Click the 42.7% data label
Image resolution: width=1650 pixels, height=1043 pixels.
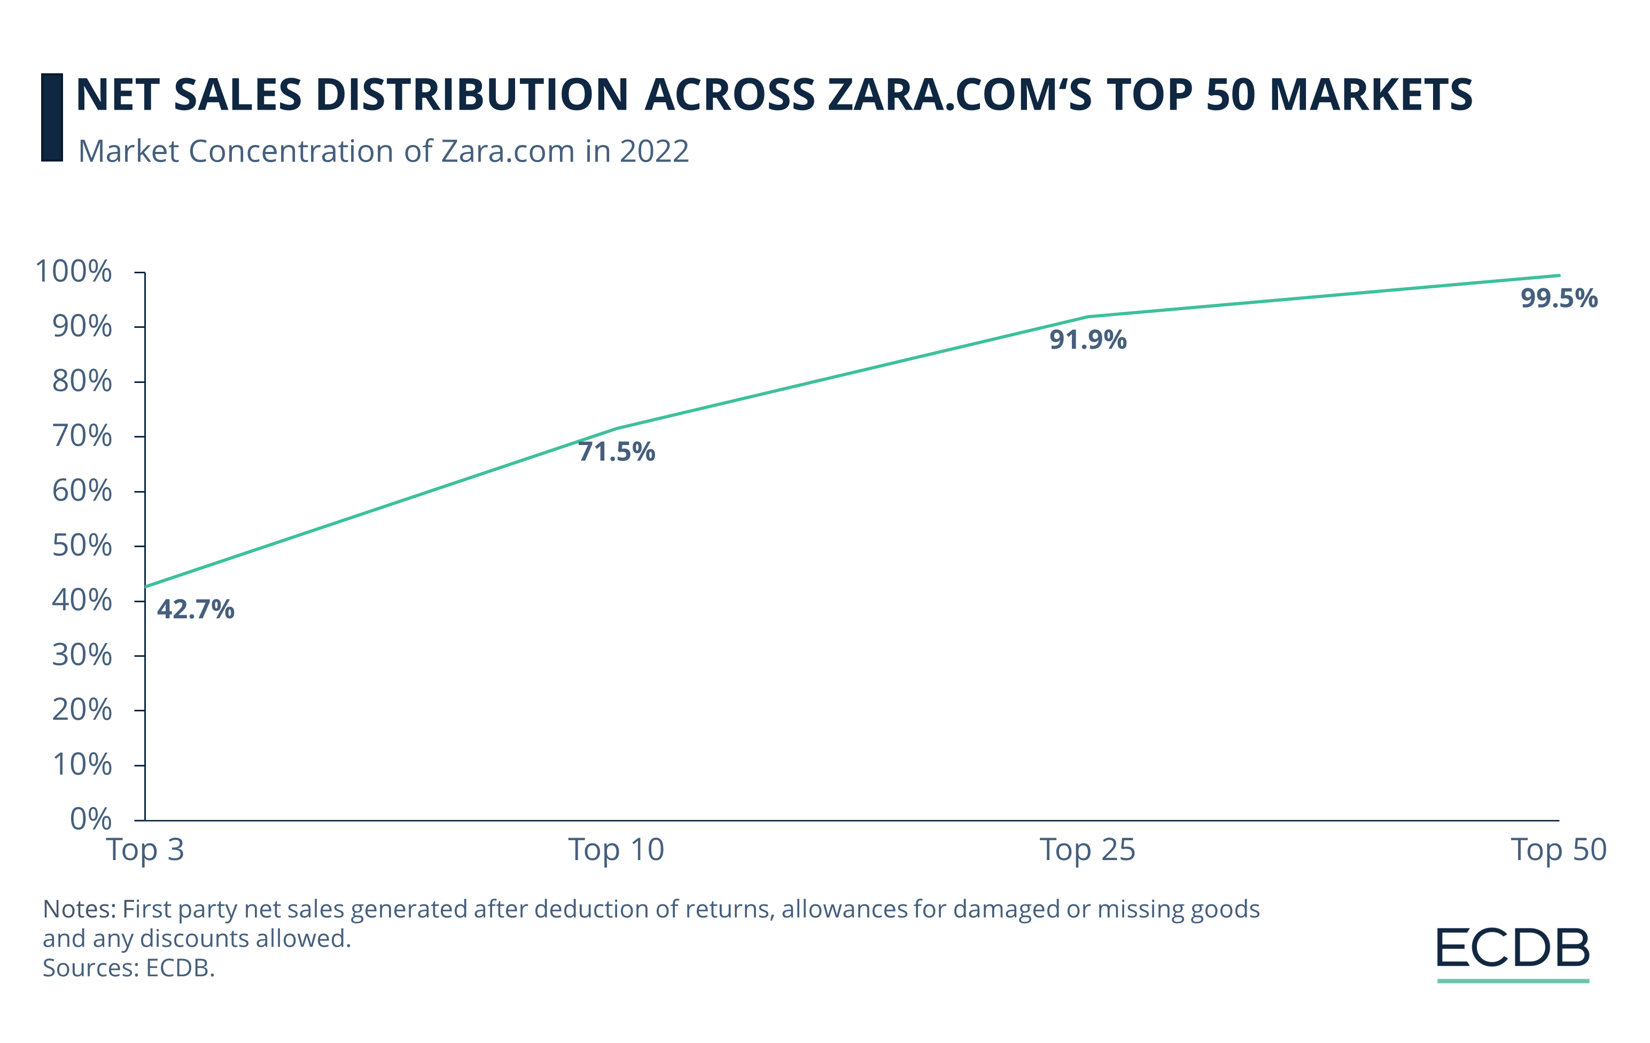point(195,609)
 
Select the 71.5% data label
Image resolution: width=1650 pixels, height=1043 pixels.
point(616,452)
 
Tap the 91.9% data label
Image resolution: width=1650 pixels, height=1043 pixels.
point(1087,340)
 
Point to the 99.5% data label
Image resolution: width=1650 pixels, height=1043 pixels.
point(1559,298)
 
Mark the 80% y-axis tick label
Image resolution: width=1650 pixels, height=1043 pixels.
point(82,381)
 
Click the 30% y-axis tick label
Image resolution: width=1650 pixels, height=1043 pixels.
point(82,655)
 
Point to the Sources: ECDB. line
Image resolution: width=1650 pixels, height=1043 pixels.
point(129,968)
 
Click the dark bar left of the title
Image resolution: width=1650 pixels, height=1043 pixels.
point(52,117)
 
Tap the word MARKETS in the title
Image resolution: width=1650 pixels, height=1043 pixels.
point(1371,95)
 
